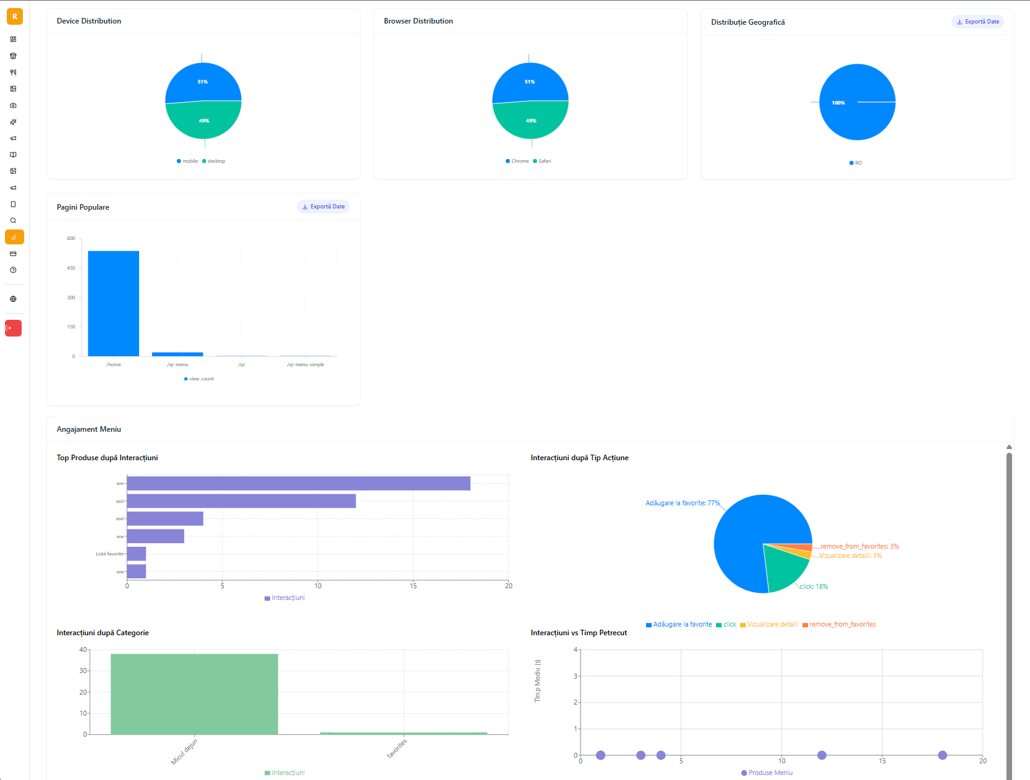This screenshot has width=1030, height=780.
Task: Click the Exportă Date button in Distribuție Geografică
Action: pos(977,22)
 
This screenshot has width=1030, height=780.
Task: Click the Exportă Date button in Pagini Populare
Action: pos(323,207)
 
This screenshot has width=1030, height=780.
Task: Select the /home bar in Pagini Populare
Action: pos(113,303)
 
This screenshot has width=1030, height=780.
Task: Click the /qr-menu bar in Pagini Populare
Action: pos(177,354)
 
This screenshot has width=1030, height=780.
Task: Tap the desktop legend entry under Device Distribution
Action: pos(214,161)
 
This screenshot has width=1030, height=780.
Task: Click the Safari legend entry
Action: pos(542,161)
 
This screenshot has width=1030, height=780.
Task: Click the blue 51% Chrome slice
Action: pos(530,82)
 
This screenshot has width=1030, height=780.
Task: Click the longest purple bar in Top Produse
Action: pos(298,483)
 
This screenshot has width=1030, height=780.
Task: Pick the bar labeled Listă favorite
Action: pos(136,554)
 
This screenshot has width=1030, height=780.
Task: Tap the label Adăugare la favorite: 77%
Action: pos(683,503)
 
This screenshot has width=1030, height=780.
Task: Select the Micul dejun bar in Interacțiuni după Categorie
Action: pos(194,694)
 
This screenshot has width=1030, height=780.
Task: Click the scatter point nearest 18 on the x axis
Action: pos(942,755)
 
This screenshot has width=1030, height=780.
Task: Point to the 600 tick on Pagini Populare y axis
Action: pos(71,238)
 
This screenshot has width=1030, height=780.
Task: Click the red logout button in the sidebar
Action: pos(14,328)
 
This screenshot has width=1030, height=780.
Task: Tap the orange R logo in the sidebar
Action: pos(15,17)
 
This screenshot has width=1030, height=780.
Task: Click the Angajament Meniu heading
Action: pos(89,429)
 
